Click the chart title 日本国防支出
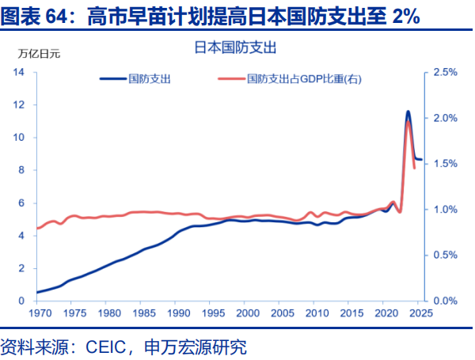click(234, 48)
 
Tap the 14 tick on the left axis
click(19, 72)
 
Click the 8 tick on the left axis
click(22, 170)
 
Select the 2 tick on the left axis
click(22, 268)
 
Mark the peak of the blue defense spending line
click(408, 112)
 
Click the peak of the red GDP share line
click(408, 122)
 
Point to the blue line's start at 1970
click(37, 292)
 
